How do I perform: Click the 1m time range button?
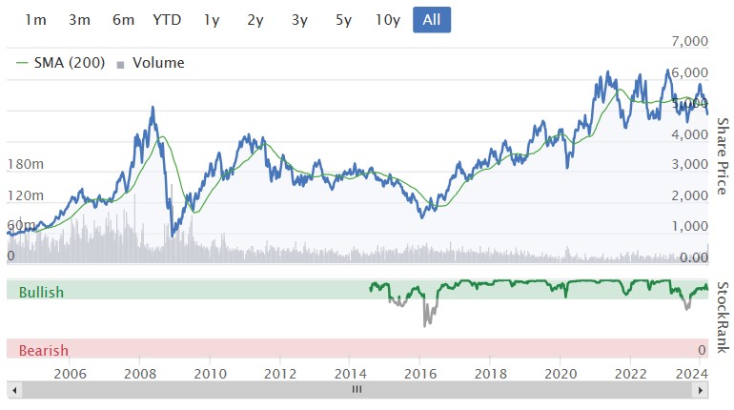pyautogui.click(x=35, y=20)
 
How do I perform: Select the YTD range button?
pyautogui.click(x=168, y=20)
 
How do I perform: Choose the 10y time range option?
pyautogui.click(x=387, y=20)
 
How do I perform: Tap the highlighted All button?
pyautogui.click(x=432, y=20)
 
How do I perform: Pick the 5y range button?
pyautogui.click(x=343, y=20)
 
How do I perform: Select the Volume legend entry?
pyautogui.click(x=152, y=63)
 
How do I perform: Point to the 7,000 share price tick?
pyautogui.click(x=690, y=42)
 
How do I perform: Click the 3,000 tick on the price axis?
pyautogui.click(x=690, y=165)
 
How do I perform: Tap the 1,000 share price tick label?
pyautogui.click(x=690, y=227)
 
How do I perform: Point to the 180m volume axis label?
pyautogui.click(x=26, y=165)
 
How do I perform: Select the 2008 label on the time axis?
pyautogui.click(x=140, y=374)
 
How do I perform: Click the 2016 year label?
pyautogui.click(x=419, y=374)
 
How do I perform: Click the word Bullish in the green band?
pyautogui.click(x=41, y=292)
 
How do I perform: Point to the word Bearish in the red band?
pyautogui.click(x=43, y=350)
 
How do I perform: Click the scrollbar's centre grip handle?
pyautogui.click(x=357, y=390)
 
